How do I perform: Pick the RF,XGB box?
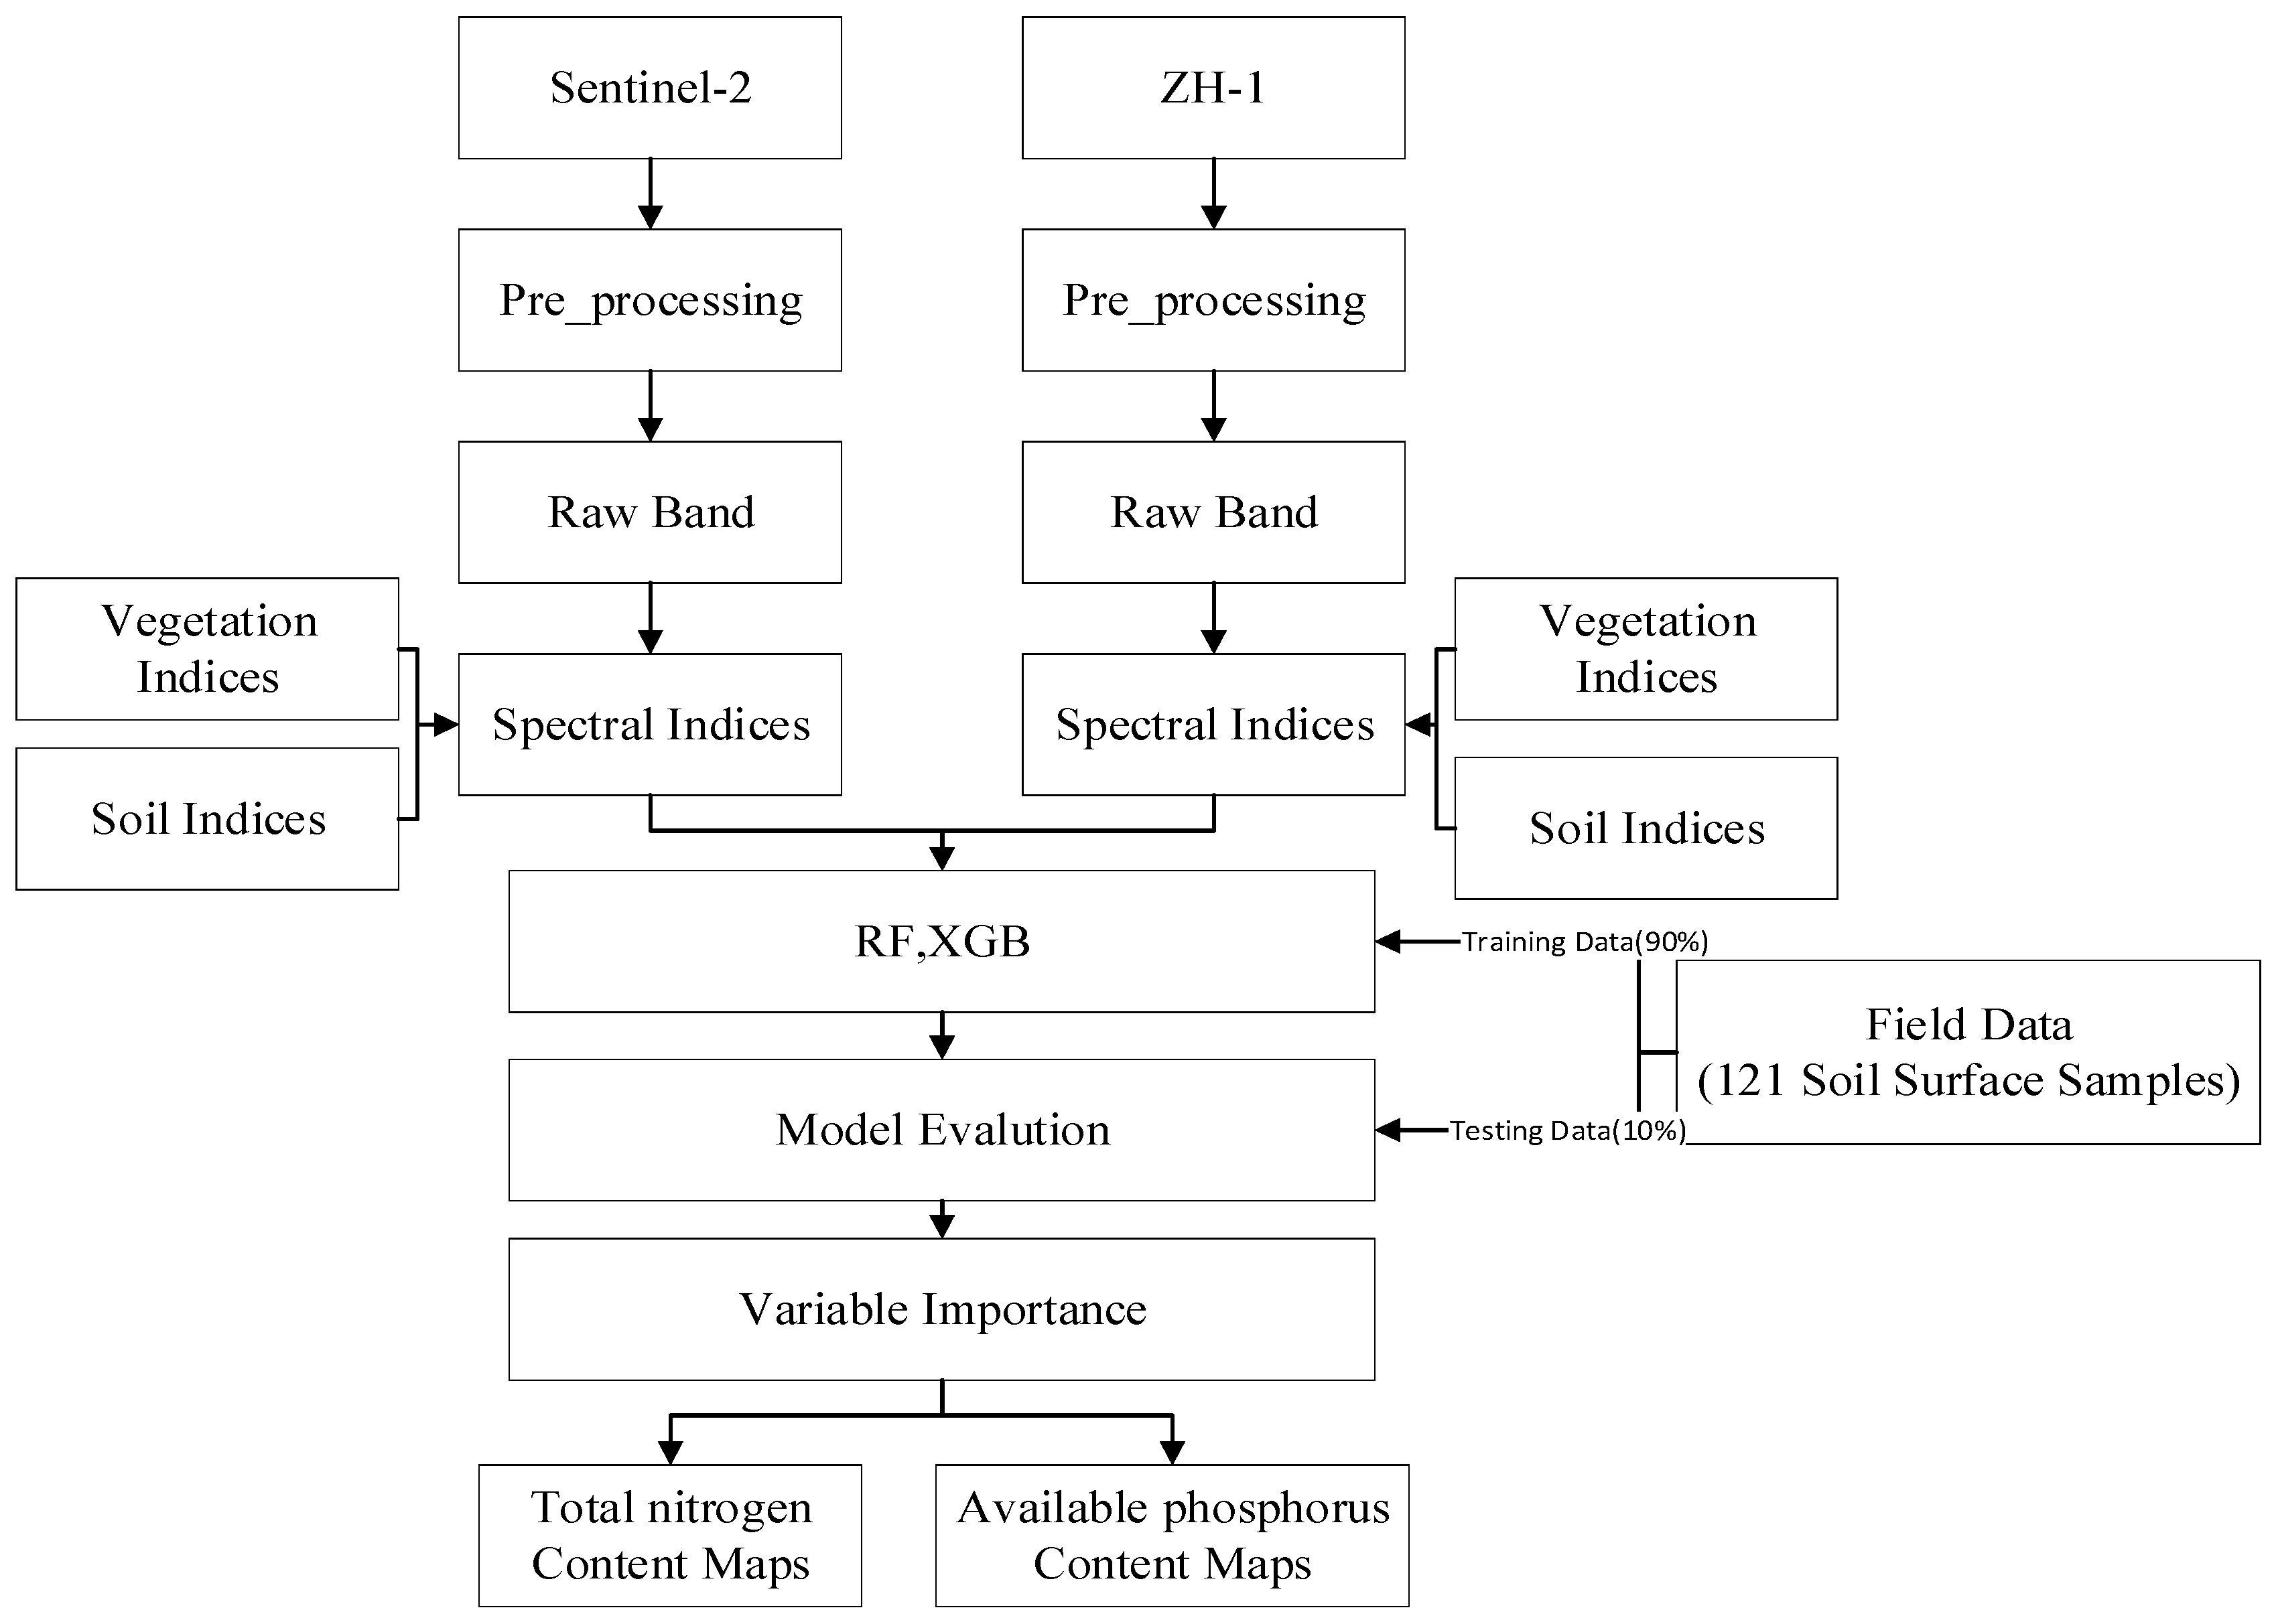[x=941, y=941]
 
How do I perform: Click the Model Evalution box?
[x=941, y=1130]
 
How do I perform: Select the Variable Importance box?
[x=941, y=1309]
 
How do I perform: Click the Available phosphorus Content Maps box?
[x=1172, y=1535]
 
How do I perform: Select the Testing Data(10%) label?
[x=1568, y=1130]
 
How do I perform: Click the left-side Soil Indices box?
[x=207, y=819]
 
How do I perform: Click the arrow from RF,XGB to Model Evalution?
[x=941, y=1036]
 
